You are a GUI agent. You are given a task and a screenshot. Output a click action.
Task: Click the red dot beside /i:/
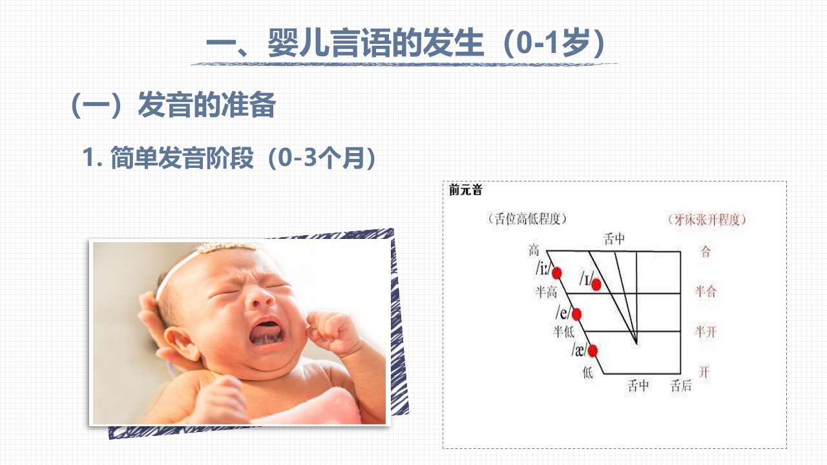[557, 273]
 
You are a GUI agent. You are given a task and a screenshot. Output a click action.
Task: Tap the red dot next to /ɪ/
[596, 285]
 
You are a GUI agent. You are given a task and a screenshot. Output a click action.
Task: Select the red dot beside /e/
[576, 315]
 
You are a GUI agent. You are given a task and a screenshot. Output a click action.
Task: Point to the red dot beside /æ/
[592, 351]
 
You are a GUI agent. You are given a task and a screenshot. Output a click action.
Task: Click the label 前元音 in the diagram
[466, 190]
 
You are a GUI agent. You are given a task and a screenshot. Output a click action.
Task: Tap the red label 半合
[706, 291]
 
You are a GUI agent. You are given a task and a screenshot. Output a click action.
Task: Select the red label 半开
[706, 331]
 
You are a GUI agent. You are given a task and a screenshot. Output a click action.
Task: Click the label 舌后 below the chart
[681, 386]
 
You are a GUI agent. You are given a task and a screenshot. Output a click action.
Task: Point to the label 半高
[547, 293]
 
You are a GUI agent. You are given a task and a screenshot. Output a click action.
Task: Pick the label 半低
[564, 331]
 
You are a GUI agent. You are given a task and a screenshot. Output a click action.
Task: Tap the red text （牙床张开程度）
[707, 220]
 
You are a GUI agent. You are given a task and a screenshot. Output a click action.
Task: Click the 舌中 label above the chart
[614, 239]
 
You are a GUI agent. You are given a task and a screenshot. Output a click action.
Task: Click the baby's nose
[260, 298]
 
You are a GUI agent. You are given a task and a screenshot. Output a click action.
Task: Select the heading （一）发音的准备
[173, 105]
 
